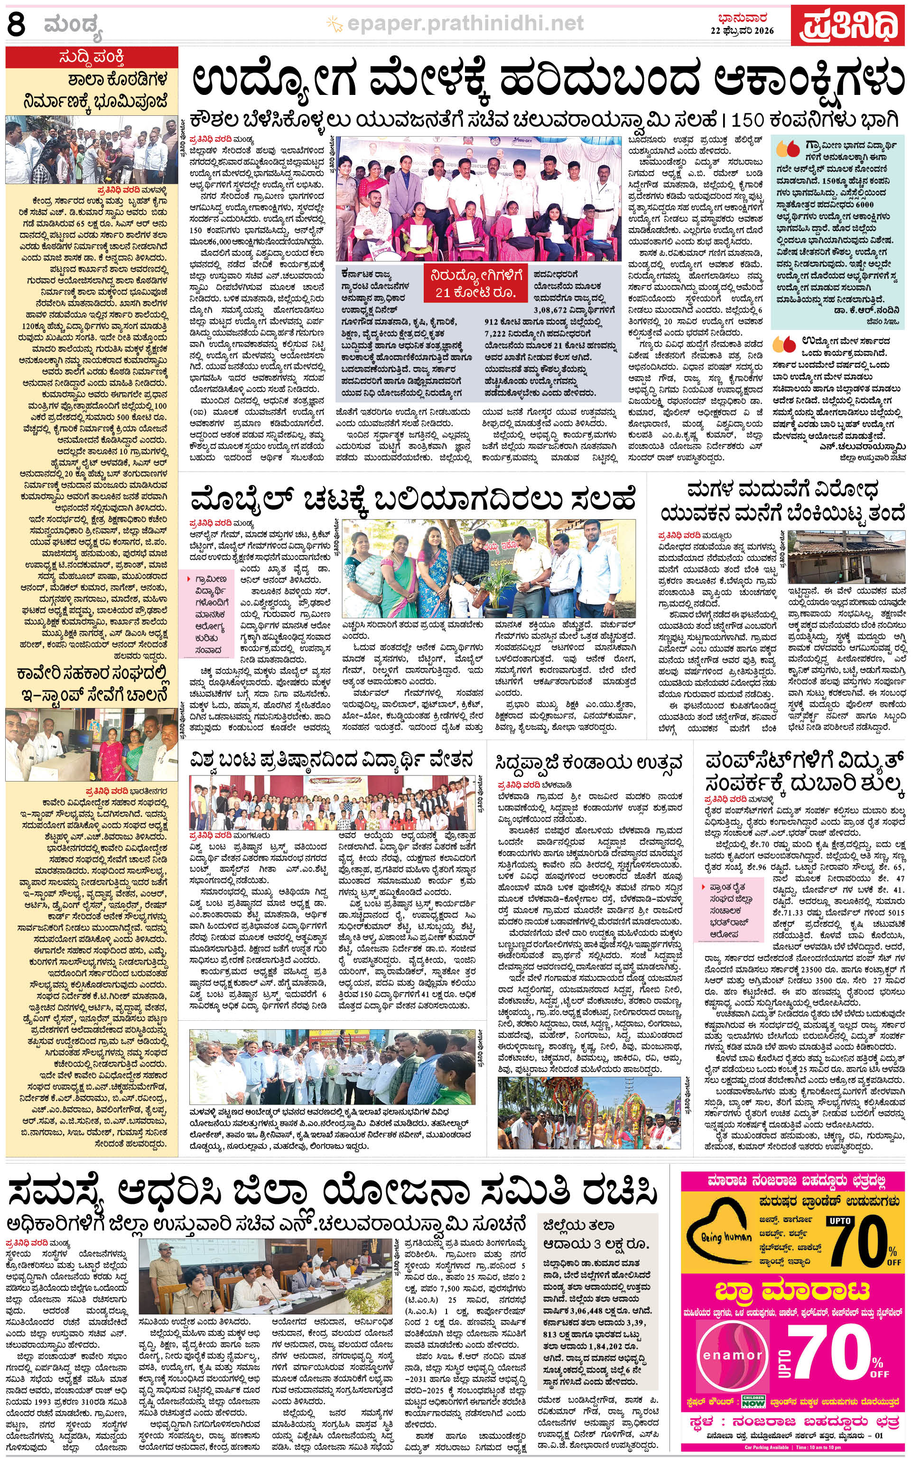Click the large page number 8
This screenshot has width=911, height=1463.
pos(16,25)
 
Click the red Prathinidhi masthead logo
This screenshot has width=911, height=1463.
pos(848,25)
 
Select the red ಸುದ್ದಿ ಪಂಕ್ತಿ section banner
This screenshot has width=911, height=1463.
pos(92,58)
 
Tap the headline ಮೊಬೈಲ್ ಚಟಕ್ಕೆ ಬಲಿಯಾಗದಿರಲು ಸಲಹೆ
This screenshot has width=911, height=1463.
pos(413,500)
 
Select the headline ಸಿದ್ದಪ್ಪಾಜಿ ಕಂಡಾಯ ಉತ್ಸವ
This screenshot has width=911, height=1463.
pos(589,762)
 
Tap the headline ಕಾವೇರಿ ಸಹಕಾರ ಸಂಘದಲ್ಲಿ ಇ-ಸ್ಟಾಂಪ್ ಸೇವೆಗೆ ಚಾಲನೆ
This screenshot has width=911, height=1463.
pos(92,683)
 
